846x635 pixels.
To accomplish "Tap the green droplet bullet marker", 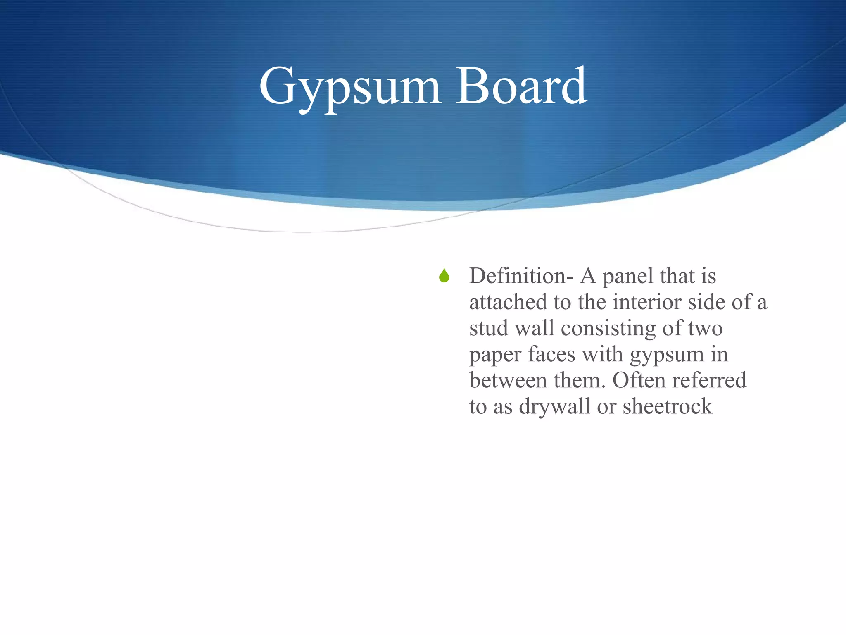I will tap(444, 276).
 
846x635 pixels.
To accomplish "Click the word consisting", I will tap(608, 329).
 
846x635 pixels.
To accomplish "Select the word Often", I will tap(639, 380).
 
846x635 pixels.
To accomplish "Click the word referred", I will tap(709, 380).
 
